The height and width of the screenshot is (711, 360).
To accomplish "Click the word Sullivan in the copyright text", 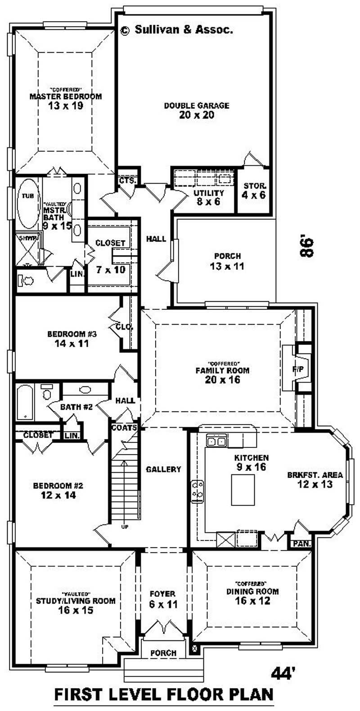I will click(x=158, y=30).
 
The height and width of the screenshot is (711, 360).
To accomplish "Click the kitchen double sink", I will click(x=216, y=442).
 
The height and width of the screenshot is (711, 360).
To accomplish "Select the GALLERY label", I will click(x=163, y=470).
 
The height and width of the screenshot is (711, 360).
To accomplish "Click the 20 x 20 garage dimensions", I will click(x=197, y=116).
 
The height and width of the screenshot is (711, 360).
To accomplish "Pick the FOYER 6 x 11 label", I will click(x=163, y=599).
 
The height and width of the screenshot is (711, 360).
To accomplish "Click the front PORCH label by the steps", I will click(x=163, y=653).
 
